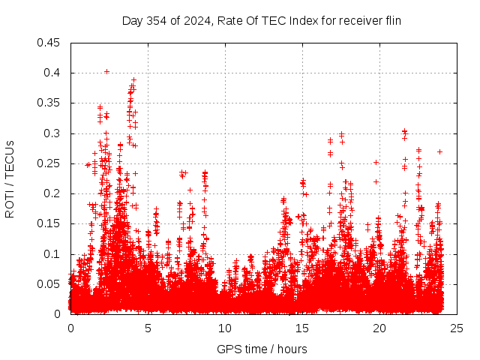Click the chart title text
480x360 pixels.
click(x=262, y=20)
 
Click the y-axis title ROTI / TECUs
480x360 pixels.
click(x=10, y=178)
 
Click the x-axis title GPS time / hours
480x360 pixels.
click(x=262, y=349)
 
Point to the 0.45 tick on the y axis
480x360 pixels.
click(x=50, y=43)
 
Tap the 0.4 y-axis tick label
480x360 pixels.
click(x=53, y=73)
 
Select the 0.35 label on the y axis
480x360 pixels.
click(x=50, y=103)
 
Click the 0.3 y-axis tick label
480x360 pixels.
click(x=53, y=133)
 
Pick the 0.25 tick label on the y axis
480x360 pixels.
click(x=50, y=163)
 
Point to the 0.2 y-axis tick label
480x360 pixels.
click(x=53, y=193)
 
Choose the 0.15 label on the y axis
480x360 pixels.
click(x=50, y=224)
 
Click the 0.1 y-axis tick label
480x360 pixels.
click(x=53, y=254)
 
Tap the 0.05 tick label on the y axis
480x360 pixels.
click(x=50, y=284)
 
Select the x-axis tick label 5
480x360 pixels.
click(x=148, y=328)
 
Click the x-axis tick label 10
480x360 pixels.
click(x=225, y=328)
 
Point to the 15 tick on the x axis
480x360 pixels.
click(x=302, y=328)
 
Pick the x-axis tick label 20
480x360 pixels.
click(x=379, y=328)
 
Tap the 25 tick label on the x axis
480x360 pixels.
click(x=457, y=328)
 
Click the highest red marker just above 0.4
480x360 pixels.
click(x=106, y=72)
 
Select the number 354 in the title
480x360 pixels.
click(x=156, y=20)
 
